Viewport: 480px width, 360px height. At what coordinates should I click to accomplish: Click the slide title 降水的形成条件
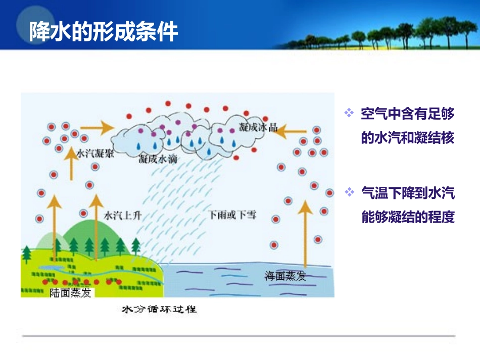pos(103,31)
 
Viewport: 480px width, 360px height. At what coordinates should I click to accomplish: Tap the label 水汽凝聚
pos(95,154)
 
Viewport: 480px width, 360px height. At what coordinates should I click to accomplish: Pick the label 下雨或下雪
pos(232,215)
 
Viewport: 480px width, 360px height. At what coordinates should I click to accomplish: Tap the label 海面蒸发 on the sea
pos(285,276)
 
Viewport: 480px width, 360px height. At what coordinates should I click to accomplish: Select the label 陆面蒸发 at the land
pos(70,292)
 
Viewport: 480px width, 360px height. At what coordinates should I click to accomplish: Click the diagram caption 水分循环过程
pos(159,309)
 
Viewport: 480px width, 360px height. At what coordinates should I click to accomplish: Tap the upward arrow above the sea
pos(305,232)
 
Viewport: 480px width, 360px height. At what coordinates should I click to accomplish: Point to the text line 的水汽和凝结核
pos(408,138)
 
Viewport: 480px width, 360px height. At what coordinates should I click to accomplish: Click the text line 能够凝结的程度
pos(408,217)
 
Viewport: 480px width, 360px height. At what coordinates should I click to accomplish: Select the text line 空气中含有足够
pos(408,114)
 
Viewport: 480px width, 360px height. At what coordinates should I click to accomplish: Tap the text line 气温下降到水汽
pos(408,193)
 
